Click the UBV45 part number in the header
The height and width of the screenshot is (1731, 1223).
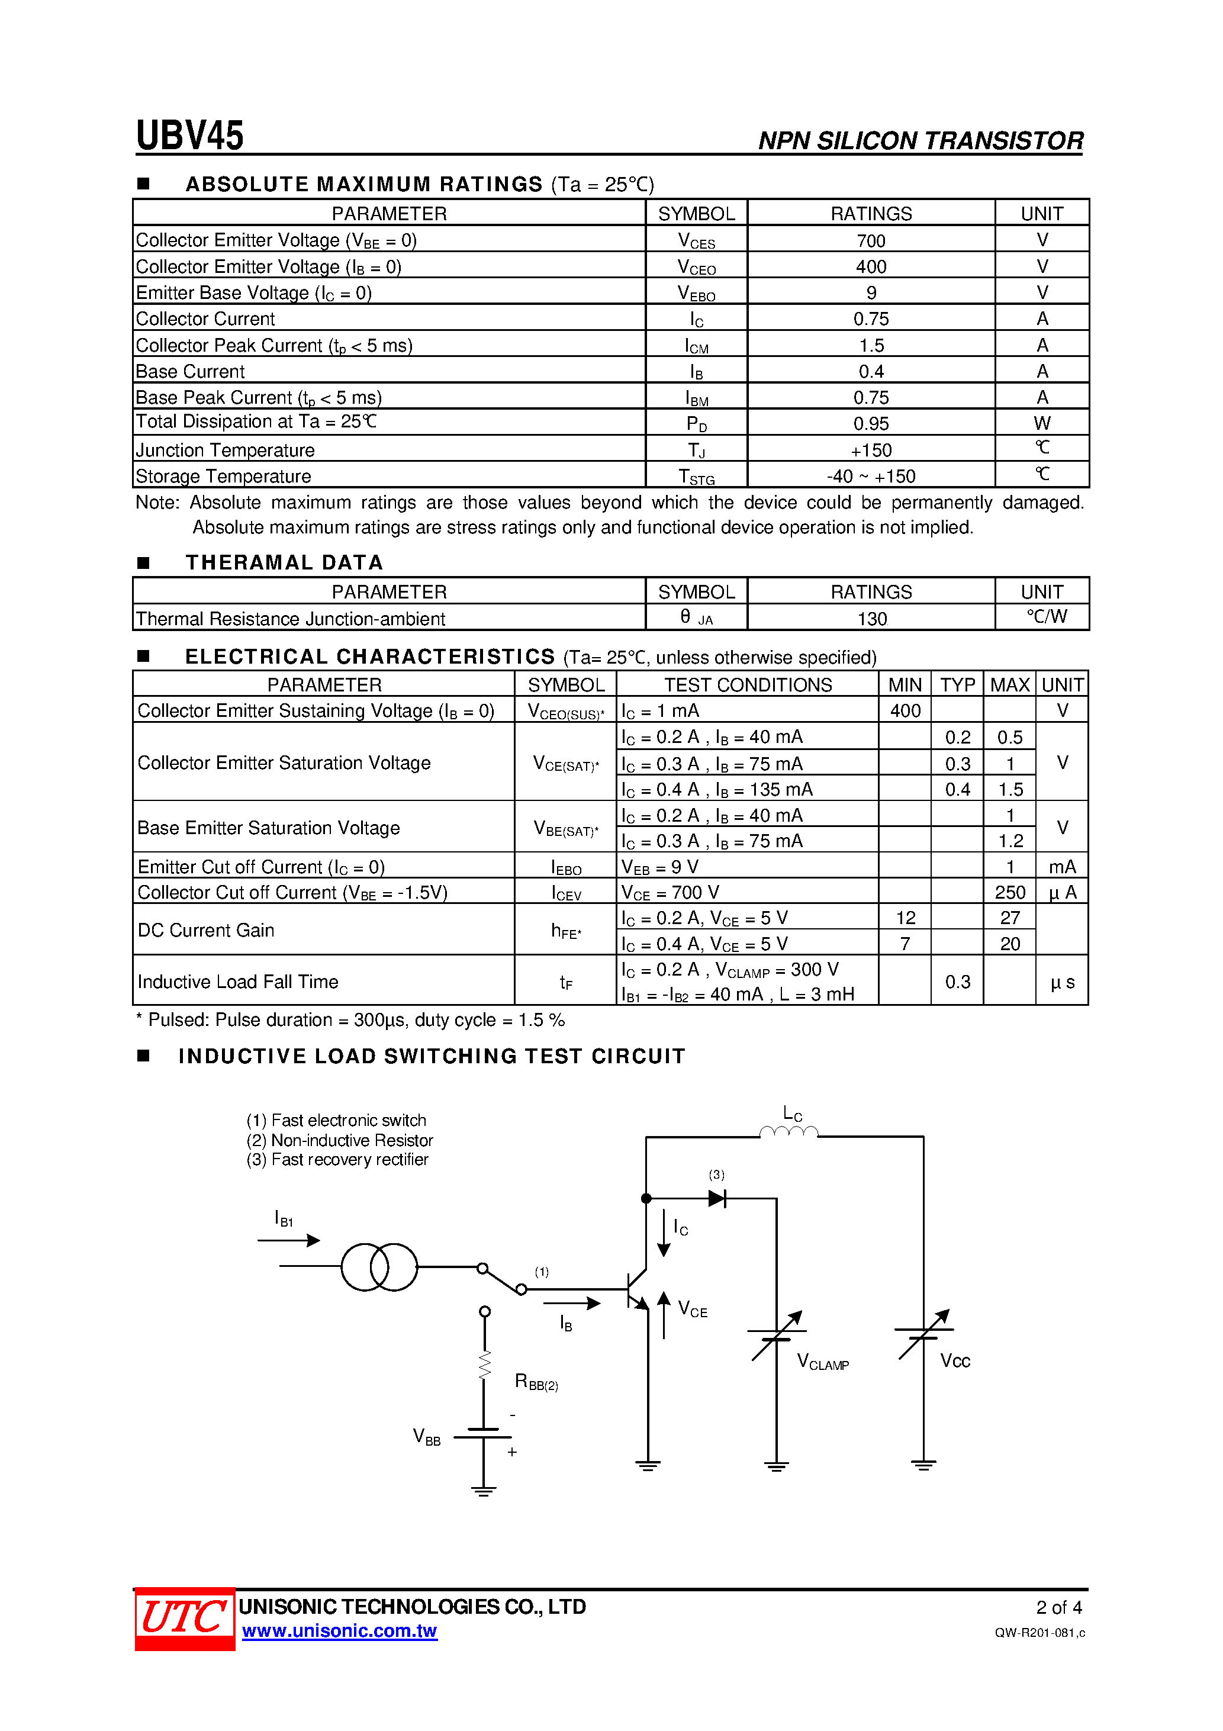[189, 136]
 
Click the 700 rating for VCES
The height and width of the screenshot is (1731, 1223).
[870, 240]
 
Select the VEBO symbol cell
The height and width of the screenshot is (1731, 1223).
[696, 293]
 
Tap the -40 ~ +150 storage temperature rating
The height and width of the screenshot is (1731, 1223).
[870, 477]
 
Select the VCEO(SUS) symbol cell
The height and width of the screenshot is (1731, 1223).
[565, 712]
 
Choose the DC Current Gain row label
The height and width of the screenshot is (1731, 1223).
[206, 931]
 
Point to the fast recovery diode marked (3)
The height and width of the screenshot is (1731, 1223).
[717, 1198]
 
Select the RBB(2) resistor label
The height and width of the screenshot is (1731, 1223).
[535, 1381]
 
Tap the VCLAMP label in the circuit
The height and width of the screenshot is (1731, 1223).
[822, 1362]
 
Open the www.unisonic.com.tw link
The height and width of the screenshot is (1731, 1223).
[339, 1631]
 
